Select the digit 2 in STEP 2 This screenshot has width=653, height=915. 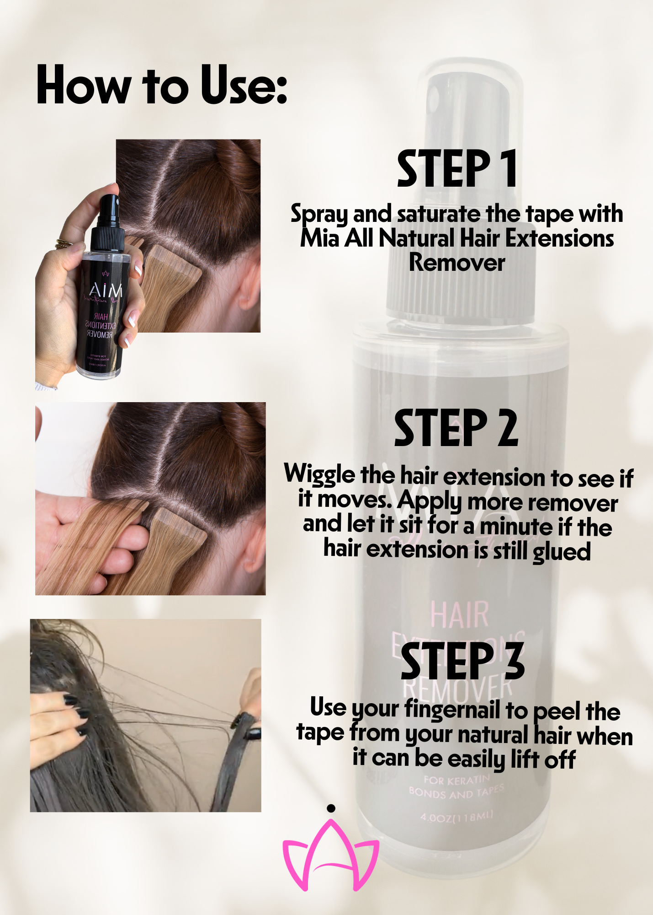pyautogui.click(x=507, y=429)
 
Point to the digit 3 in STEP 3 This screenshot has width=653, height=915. pyautogui.click(x=514, y=661)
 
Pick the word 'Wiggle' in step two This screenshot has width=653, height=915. pyautogui.click(x=319, y=475)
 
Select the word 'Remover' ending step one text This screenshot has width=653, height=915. pyautogui.click(x=457, y=263)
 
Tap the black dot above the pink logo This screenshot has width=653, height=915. pyautogui.click(x=331, y=808)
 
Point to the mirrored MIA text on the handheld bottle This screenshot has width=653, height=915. pyautogui.click(x=106, y=290)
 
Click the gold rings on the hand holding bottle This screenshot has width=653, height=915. pyautogui.click(x=64, y=243)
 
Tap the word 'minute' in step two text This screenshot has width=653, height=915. pyautogui.click(x=516, y=526)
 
